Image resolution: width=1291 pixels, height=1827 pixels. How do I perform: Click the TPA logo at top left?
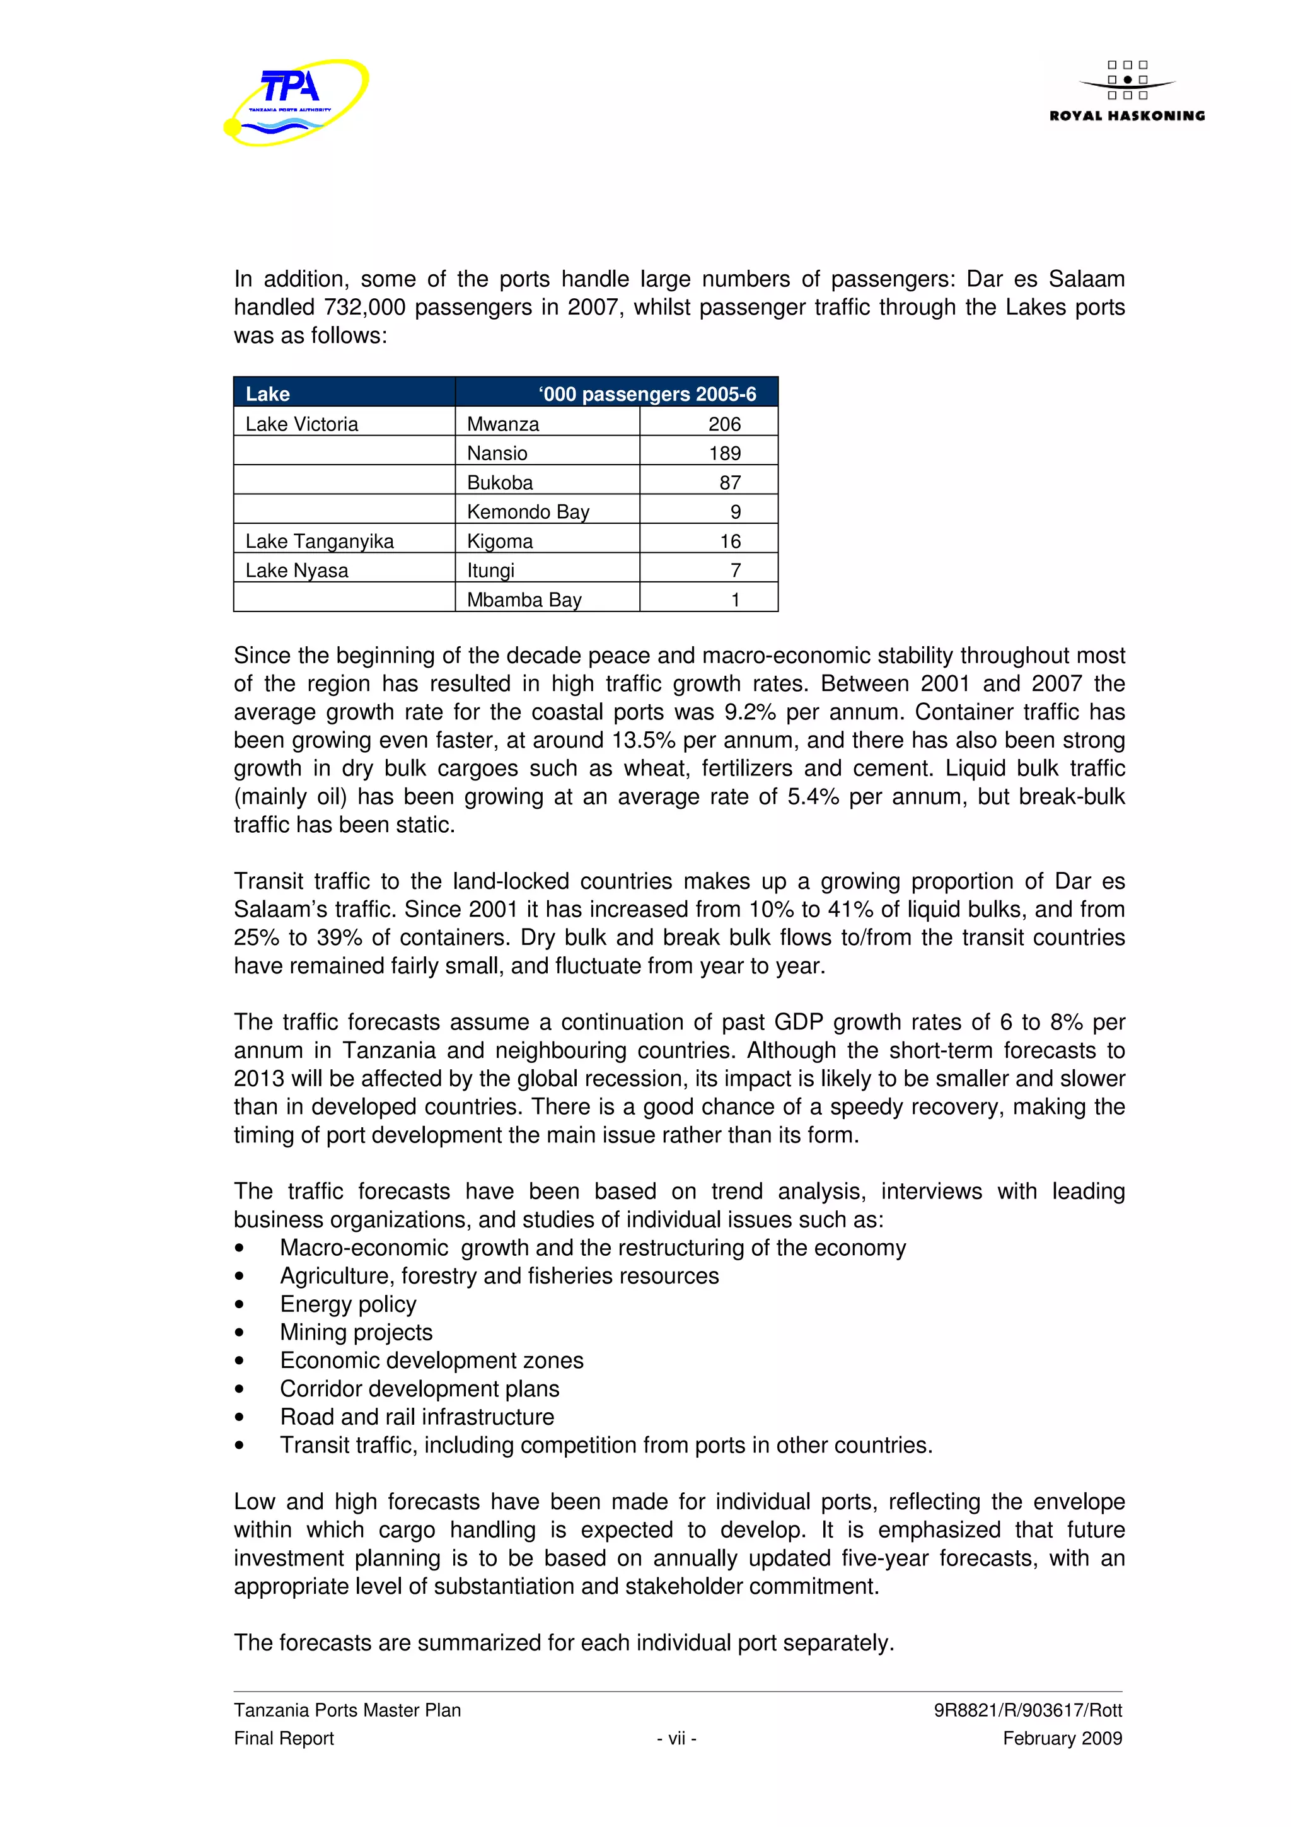point(296,102)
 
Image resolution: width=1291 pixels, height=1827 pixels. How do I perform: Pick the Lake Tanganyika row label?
point(319,541)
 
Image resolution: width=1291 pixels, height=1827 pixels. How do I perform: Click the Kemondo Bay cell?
point(528,512)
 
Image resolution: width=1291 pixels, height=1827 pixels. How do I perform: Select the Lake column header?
point(267,394)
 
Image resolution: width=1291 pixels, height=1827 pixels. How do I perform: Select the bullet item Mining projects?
point(356,1332)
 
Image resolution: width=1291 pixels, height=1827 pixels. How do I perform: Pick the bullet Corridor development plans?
point(419,1389)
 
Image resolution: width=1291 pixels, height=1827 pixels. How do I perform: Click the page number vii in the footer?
point(676,1738)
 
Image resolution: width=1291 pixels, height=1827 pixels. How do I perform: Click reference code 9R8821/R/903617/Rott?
point(1027,1710)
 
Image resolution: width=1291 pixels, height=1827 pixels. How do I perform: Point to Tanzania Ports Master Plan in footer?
point(347,1710)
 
